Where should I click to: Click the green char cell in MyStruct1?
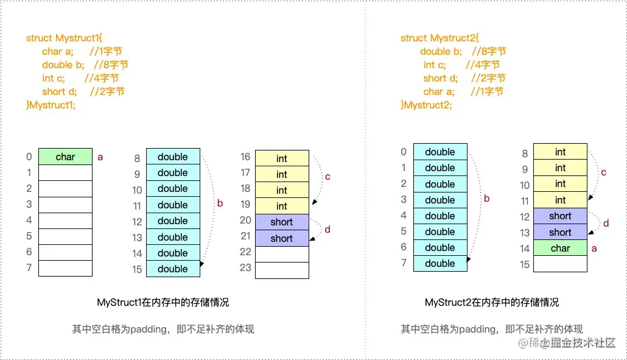[x=65, y=157]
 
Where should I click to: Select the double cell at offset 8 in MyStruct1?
[x=173, y=157]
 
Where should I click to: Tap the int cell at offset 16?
[x=282, y=158]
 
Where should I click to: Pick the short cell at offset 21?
[x=282, y=238]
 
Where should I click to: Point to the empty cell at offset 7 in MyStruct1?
[x=65, y=268]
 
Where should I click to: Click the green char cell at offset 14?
[x=560, y=248]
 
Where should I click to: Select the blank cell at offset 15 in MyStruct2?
[x=560, y=264]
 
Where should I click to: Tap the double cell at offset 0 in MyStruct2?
[x=440, y=152]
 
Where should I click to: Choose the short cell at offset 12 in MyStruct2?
[x=560, y=216]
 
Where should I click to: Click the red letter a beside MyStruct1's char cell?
[x=100, y=157]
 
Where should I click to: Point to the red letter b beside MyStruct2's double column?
[x=486, y=198]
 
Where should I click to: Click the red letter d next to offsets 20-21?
[x=328, y=230]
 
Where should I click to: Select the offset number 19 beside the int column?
[x=245, y=205]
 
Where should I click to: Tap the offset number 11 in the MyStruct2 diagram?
[x=525, y=200]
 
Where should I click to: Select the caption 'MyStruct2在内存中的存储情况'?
[x=492, y=302]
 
